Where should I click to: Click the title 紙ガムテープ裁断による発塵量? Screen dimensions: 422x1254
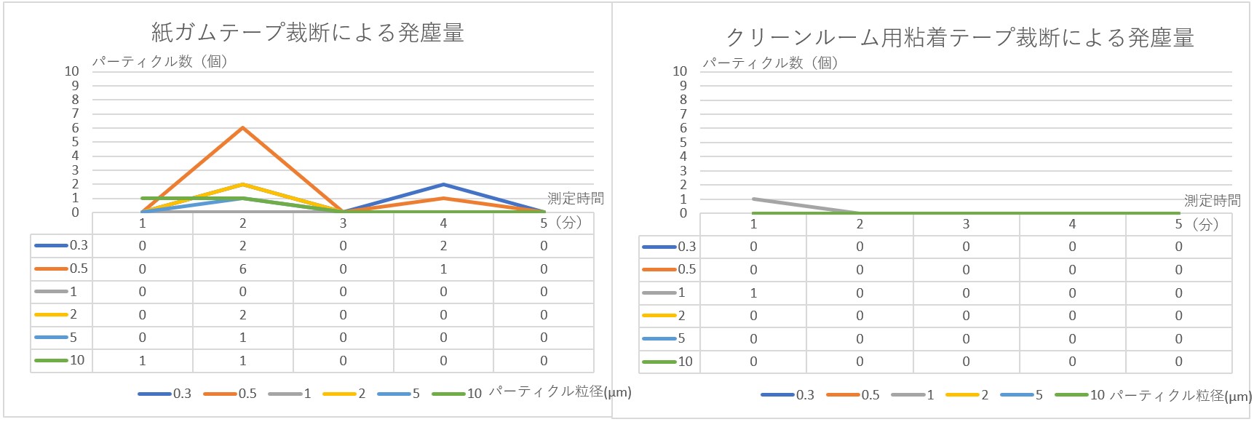click(307, 33)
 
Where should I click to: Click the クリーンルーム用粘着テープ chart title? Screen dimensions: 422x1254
click(959, 38)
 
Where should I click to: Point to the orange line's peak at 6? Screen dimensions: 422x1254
click(242, 128)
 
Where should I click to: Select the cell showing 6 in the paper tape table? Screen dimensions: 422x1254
click(242, 269)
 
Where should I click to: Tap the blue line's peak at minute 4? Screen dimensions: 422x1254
click(443, 185)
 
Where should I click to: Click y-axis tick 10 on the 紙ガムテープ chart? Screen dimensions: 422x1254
click(71, 71)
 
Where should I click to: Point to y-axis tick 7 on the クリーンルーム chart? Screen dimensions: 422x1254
click(683, 114)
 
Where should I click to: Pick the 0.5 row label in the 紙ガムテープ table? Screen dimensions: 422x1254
click(78, 268)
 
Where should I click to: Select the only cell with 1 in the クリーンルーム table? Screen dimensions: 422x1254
click(753, 293)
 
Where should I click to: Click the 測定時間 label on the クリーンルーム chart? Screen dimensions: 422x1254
click(1212, 201)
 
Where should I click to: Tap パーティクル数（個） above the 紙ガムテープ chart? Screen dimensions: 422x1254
click(160, 62)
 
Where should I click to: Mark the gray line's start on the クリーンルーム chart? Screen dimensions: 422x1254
click(753, 199)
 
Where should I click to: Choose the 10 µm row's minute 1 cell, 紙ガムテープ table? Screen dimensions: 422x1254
click(143, 361)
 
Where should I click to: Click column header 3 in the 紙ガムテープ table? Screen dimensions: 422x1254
click(343, 223)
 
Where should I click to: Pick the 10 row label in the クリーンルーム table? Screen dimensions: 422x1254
click(685, 362)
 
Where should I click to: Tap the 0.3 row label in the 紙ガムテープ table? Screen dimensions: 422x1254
click(78, 245)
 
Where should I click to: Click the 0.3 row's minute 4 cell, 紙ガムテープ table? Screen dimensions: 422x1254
click(443, 246)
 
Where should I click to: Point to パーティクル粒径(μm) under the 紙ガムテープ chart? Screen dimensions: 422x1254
click(559, 392)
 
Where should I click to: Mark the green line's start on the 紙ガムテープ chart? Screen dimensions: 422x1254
click(143, 198)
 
